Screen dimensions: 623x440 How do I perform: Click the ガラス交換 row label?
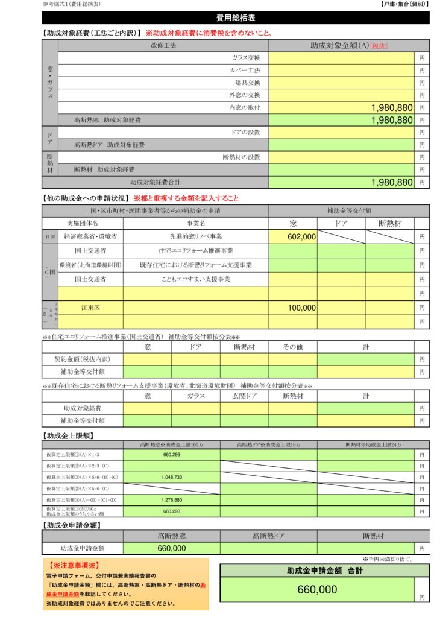click(245, 58)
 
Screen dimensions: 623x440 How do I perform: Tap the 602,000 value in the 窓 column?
click(302, 237)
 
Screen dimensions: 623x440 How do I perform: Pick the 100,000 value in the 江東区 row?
click(302, 308)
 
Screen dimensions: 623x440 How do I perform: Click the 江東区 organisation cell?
click(90, 308)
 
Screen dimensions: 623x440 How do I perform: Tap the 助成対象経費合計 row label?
click(155, 182)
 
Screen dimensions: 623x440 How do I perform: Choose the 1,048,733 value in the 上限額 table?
click(172, 477)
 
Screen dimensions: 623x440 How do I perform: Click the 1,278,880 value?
click(172, 500)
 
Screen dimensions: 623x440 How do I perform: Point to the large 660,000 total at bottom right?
click(317, 590)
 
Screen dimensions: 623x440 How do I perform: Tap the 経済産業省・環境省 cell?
click(90, 237)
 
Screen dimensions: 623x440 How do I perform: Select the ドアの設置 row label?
click(245, 132)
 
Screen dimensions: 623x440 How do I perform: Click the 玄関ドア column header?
click(244, 396)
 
